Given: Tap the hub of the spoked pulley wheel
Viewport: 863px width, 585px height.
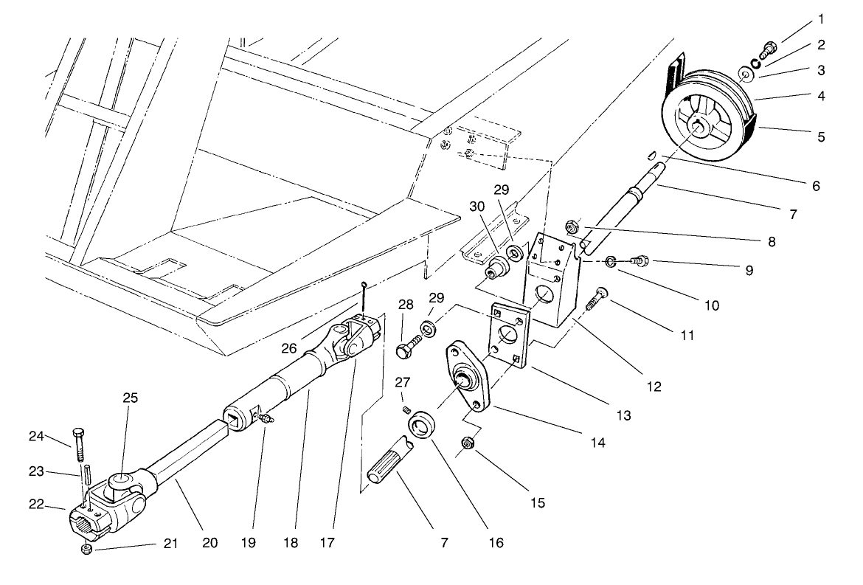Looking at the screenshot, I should [697, 128].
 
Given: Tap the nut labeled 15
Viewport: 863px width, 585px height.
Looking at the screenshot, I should [466, 443].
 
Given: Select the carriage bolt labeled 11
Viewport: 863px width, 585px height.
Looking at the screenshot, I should [595, 299].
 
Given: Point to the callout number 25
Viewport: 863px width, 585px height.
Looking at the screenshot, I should [130, 398].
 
